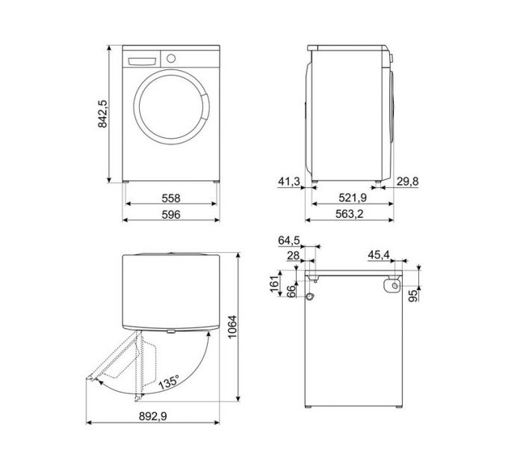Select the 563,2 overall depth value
pyautogui.click(x=350, y=215)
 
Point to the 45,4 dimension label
pyautogui.click(x=380, y=255)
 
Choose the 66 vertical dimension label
pyautogui.click(x=290, y=289)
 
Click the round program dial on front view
pyautogui.click(x=170, y=58)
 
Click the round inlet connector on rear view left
pyautogui.click(x=309, y=296)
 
